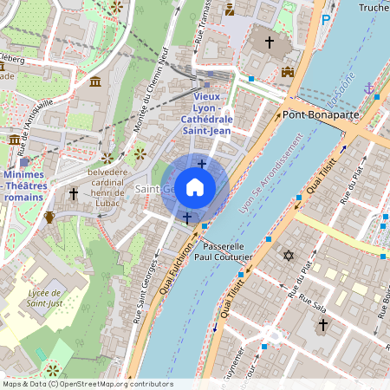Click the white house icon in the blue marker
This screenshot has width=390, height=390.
195,186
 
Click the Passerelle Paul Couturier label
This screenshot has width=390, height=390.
223,251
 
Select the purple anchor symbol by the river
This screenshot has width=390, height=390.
369,88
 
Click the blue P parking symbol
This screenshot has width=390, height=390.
326,19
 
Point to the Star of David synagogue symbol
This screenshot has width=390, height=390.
288,256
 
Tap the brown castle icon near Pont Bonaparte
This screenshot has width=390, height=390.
288,74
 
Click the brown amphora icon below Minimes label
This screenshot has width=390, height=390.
49,216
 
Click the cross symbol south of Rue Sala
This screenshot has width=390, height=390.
322,325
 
